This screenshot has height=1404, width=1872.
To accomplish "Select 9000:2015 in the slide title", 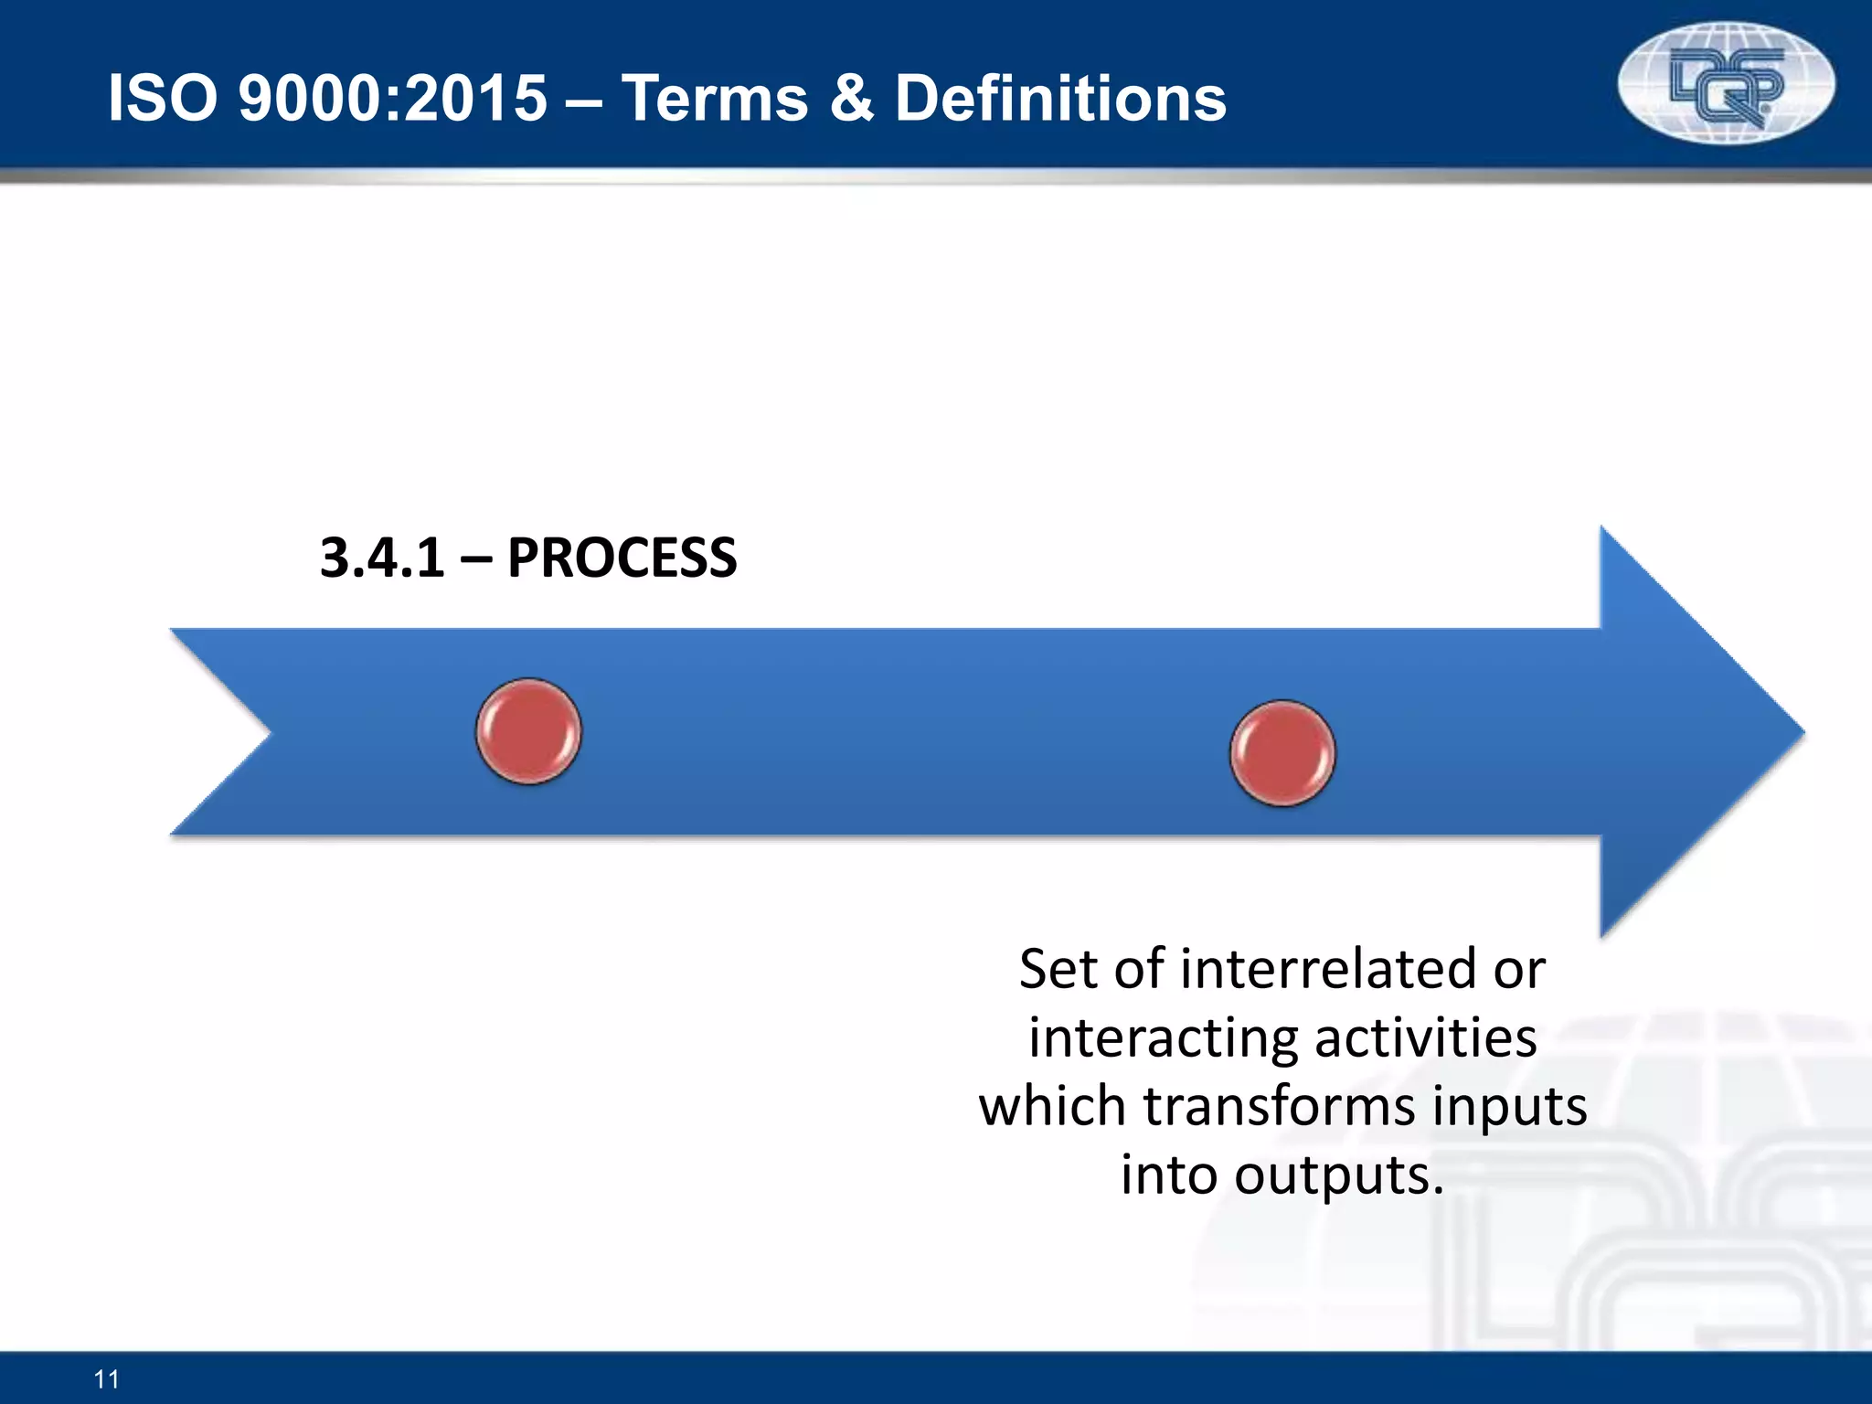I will tap(393, 99).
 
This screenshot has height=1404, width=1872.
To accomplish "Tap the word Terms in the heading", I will tap(715, 99).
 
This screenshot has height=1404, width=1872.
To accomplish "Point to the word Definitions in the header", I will tap(1060, 99).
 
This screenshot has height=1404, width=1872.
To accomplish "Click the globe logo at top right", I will tap(1726, 84).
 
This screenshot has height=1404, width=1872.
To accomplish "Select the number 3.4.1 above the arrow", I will tap(382, 558).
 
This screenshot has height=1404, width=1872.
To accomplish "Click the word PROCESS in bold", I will tap(622, 558).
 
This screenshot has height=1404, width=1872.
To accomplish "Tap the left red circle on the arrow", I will tap(528, 731).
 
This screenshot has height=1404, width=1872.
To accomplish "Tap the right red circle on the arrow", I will tap(1282, 753).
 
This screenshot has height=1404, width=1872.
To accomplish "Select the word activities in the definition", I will tap(1425, 1038).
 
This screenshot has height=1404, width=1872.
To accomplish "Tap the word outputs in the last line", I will tap(1339, 1175).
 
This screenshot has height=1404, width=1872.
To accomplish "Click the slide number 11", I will tap(107, 1378).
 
